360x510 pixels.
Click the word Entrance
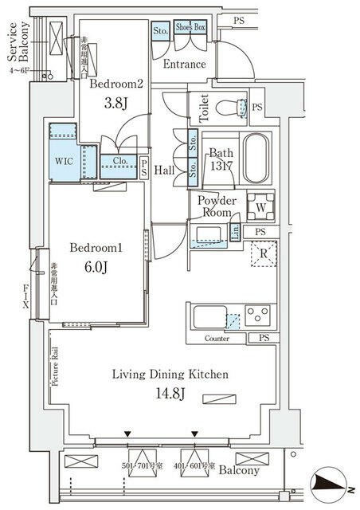tap(184, 65)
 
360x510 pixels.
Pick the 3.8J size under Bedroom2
tap(115, 101)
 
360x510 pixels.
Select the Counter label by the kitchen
tap(217, 339)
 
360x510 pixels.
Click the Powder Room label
tap(217, 206)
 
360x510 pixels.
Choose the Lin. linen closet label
tap(236, 231)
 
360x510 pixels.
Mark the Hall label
tap(165, 169)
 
